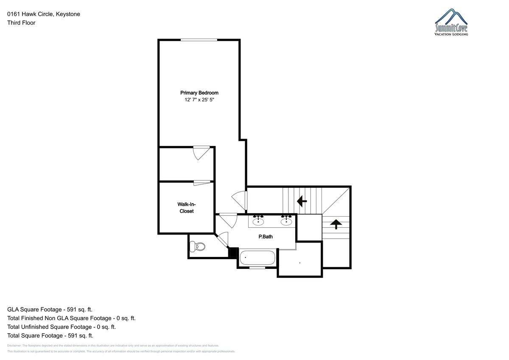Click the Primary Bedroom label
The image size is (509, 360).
pyautogui.click(x=199, y=93)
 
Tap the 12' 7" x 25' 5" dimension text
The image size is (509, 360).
pyautogui.click(x=199, y=100)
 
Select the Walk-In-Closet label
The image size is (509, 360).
pyautogui.click(x=187, y=208)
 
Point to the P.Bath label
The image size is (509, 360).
pyautogui.click(x=266, y=237)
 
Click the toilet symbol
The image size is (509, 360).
pyautogui.click(x=197, y=247)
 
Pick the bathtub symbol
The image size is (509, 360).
pyautogui.click(x=257, y=257)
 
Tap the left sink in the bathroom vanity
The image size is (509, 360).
pyautogui.click(x=258, y=220)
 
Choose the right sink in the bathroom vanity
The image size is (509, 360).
pyautogui.click(x=286, y=220)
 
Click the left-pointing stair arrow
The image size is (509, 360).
pyautogui.click(x=302, y=201)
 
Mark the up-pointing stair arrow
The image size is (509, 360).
pyautogui.click(x=336, y=224)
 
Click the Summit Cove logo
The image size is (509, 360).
pyautogui.click(x=451, y=22)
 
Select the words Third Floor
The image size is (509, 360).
pyautogui.click(x=21, y=23)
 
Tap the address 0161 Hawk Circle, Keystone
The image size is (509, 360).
pyautogui.click(x=44, y=14)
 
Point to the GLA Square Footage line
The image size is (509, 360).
pyautogui.click(x=50, y=310)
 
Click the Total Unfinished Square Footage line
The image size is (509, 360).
pyautogui.click(x=62, y=327)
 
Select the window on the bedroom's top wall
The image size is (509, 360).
pyautogui.click(x=199, y=40)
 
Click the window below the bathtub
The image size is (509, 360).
pyautogui.click(x=257, y=268)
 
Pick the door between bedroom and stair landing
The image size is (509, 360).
pyautogui.click(x=240, y=200)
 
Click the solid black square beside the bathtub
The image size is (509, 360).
pyautogui.click(x=233, y=253)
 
